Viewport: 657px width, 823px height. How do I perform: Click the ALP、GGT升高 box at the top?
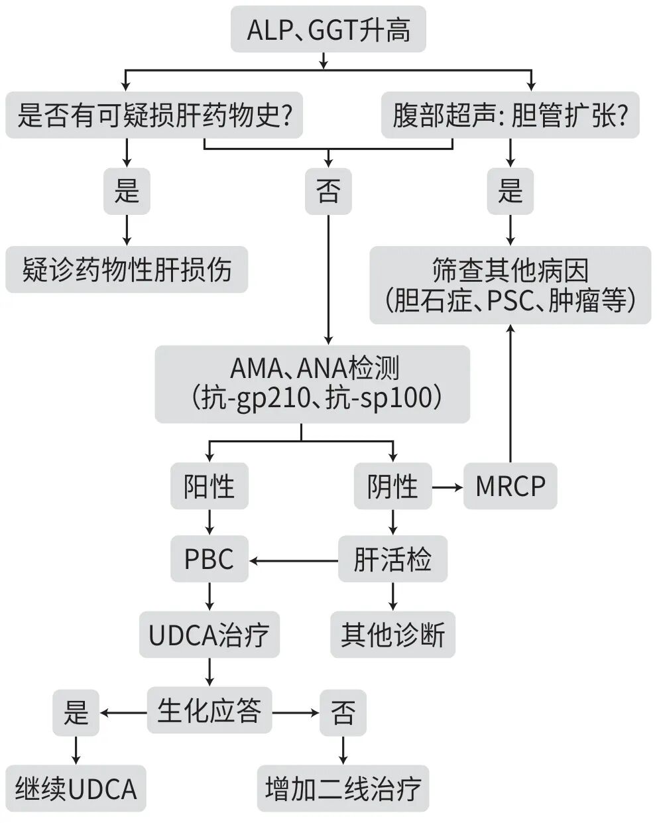pos(328,30)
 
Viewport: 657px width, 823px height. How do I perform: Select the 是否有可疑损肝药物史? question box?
pos(154,115)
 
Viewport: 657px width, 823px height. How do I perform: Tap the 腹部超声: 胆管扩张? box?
pos(510,115)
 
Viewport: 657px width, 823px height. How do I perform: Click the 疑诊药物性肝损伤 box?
pos(127,270)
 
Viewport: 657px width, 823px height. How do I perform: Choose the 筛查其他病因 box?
pos(510,285)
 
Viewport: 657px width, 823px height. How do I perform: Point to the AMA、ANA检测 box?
pos(312,384)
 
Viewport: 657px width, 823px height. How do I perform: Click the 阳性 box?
pos(209,486)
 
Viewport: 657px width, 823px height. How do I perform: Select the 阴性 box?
pos(392,486)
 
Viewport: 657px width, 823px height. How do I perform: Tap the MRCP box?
pos(510,486)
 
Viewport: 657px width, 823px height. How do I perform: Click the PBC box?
pos(209,559)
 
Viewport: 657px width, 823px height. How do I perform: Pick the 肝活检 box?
pos(392,559)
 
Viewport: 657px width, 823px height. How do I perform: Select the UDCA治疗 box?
pos(209,635)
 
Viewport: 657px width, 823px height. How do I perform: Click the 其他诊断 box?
pos(392,635)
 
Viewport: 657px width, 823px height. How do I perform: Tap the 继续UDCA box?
pos(76,788)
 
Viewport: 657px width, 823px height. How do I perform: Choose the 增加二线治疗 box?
pos(343,788)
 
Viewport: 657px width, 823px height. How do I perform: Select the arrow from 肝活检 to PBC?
pos(293,561)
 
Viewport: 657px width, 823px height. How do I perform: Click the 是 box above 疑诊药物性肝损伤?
pos(126,191)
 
